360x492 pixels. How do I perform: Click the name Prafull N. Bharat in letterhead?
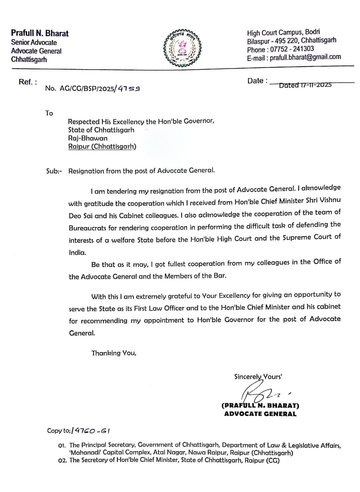pyautogui.click(x=40, y=33)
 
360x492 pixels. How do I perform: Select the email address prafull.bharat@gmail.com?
pyautogui.click(x=305, y=57)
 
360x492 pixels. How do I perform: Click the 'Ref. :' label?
pyautogui.click(x=28, y=82)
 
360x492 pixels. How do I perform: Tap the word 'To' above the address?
pyautogui.click(x=49, y=113)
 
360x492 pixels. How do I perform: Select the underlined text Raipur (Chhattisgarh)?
pyautogui.click(x=102, y=146)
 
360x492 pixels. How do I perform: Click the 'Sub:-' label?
pyautogui.click(x=54, y=171)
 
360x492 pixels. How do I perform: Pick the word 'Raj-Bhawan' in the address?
pyautogui.click(x=88, y=138)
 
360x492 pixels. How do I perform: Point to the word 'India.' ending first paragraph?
pyautogui.click(x=77, y=253)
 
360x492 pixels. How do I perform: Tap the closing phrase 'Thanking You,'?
pyautogui.click(x=114, y=353)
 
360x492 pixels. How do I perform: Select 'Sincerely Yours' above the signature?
pyautogui.click(x=258, y=377)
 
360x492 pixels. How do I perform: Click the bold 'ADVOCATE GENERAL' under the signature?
pyautogui.click(x=260, y=414)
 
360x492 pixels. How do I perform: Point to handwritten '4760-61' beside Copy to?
pyautogui.click(x=92, y=430)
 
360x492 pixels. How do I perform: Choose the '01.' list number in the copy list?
pyautogui.click(x=63, y=445)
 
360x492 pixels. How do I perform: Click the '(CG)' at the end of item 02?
pyautogui.click(x=273, y=461)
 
